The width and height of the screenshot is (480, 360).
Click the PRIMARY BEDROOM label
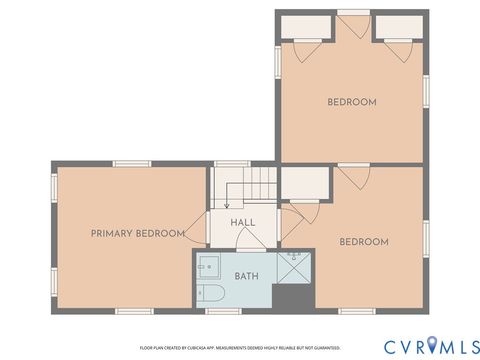tap(137, 233)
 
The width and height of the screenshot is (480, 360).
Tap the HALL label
tap(242, 223)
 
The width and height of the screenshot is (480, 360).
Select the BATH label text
tap(246, 275)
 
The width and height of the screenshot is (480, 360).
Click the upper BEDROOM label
tap(351, 102)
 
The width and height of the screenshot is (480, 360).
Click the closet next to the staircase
tap(303, 183)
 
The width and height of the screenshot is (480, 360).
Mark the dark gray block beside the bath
tap(294, 296)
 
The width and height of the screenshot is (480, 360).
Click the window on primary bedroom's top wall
tap(131, 164)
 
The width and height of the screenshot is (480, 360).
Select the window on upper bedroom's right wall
tap(427, 89)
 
